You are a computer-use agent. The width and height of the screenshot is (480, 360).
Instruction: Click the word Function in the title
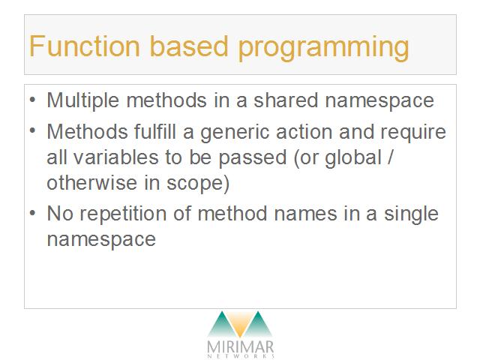pos(85,46)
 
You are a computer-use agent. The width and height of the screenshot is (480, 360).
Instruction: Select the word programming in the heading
pos(323,48)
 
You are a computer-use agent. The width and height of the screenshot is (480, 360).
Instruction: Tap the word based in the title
pos(189,46)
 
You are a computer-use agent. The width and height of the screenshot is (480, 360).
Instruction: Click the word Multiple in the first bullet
pos(82,100)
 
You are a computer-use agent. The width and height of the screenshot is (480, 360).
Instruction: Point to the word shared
pos(286,100)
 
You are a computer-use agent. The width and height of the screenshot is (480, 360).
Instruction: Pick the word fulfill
pos(155,131)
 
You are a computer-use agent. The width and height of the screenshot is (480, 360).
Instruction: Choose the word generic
pos(235,133)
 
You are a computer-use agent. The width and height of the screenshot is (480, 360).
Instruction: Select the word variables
pos(115,157)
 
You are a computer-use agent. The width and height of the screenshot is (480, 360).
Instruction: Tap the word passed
pos(252,158)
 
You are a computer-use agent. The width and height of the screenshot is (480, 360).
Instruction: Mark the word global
pos(353,158)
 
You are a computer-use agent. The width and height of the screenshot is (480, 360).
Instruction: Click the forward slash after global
pos(389,157)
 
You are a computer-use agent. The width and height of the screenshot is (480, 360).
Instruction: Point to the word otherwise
pos(91,183)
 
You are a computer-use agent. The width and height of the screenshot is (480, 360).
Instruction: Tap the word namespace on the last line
pos(101,240)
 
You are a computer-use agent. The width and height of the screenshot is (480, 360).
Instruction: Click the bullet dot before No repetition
pos(33,213)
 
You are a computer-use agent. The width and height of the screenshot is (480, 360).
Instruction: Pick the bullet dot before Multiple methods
pos(33,100)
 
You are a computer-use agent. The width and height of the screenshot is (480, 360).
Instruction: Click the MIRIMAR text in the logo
pos(240,347)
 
